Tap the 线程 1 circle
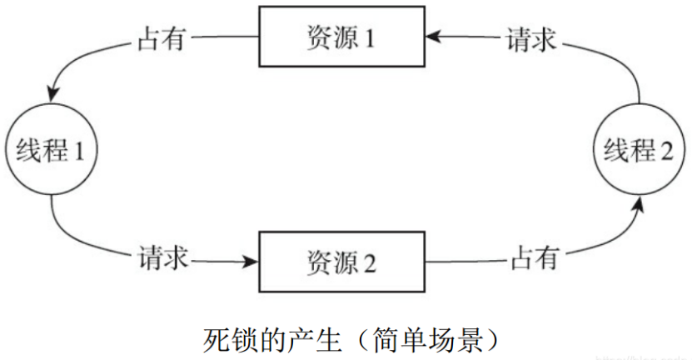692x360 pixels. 51,151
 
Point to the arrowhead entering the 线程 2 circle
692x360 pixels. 637,205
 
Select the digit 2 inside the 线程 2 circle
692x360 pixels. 666,151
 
